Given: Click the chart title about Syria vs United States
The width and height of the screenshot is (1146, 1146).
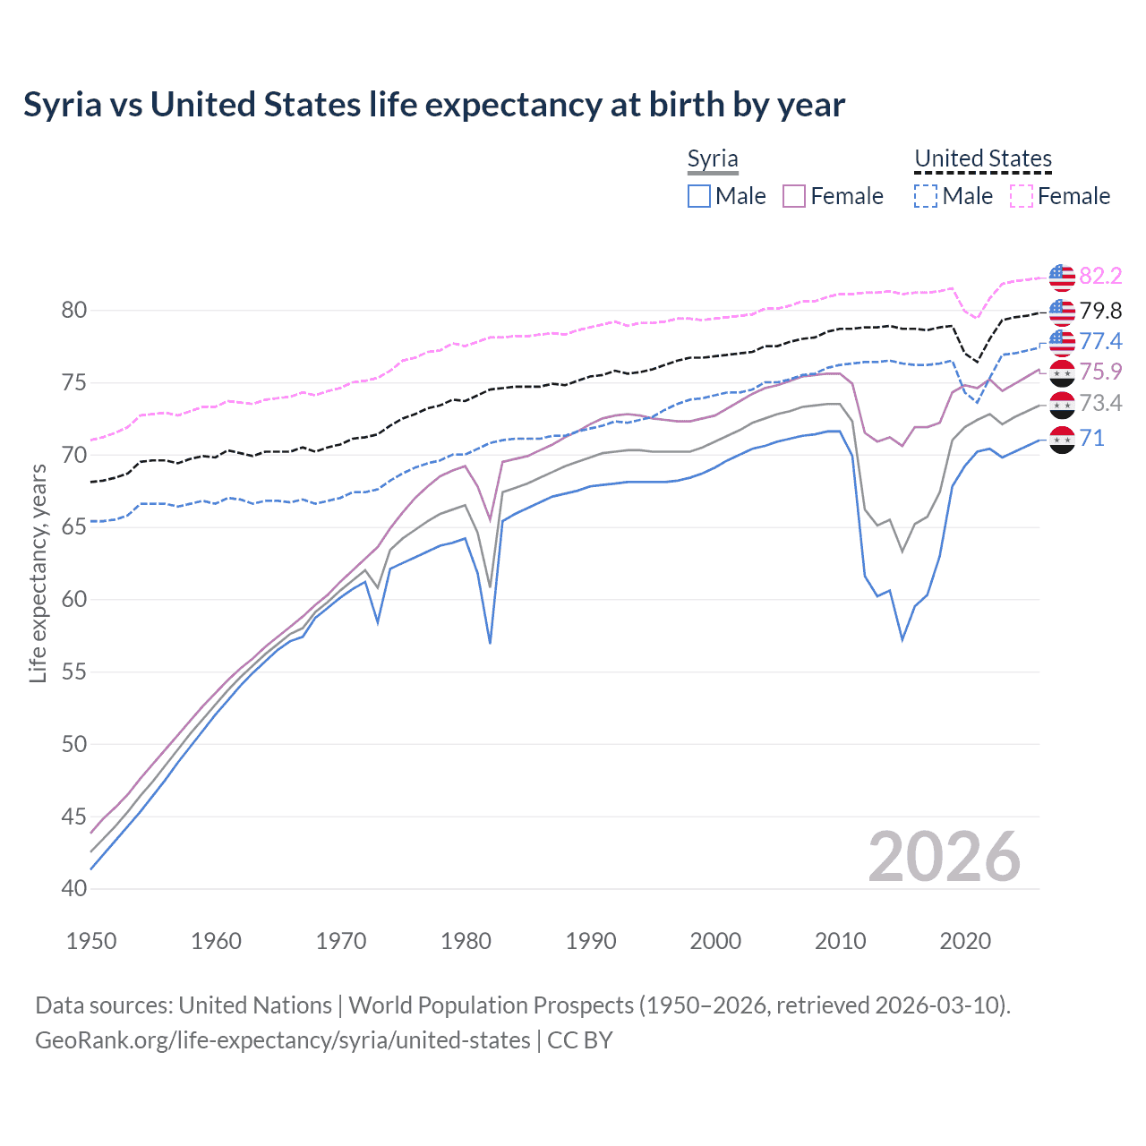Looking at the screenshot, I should [434, 105].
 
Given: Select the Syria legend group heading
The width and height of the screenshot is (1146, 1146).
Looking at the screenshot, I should [713, 158].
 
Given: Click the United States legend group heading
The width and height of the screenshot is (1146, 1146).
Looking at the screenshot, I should [982, 158].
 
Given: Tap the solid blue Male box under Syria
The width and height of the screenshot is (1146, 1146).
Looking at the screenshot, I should [699, 196].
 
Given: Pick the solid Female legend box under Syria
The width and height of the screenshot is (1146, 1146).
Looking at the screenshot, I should [794, 196].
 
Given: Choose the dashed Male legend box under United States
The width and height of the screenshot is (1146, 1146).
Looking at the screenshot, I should [926, 196].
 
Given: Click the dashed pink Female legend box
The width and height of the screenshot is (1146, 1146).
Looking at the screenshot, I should [1022, 196].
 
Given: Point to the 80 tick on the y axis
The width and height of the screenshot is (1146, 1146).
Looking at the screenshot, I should [74, 311].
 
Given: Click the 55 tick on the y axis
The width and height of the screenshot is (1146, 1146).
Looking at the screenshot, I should [74, 672].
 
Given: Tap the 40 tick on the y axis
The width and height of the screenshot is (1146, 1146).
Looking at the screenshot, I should [74, 889].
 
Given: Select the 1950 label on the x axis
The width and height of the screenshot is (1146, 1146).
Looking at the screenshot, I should [91, 941].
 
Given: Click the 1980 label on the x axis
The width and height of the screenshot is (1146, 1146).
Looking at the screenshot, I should [466, 941].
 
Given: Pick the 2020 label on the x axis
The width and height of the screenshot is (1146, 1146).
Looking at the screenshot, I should [965, 941].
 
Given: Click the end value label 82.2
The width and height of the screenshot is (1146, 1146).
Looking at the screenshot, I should [1100, 276].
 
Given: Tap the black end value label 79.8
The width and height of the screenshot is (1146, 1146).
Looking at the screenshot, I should [1100, 311].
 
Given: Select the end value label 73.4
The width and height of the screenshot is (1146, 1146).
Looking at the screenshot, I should [1100, 403].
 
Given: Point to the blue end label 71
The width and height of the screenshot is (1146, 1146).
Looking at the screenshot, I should [1092, 438].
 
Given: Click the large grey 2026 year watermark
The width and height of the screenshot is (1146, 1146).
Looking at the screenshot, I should [944, 857].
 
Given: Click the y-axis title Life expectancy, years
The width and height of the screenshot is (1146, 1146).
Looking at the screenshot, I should [38, 573].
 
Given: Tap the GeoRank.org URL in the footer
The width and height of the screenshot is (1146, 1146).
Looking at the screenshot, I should [283, 1040].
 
